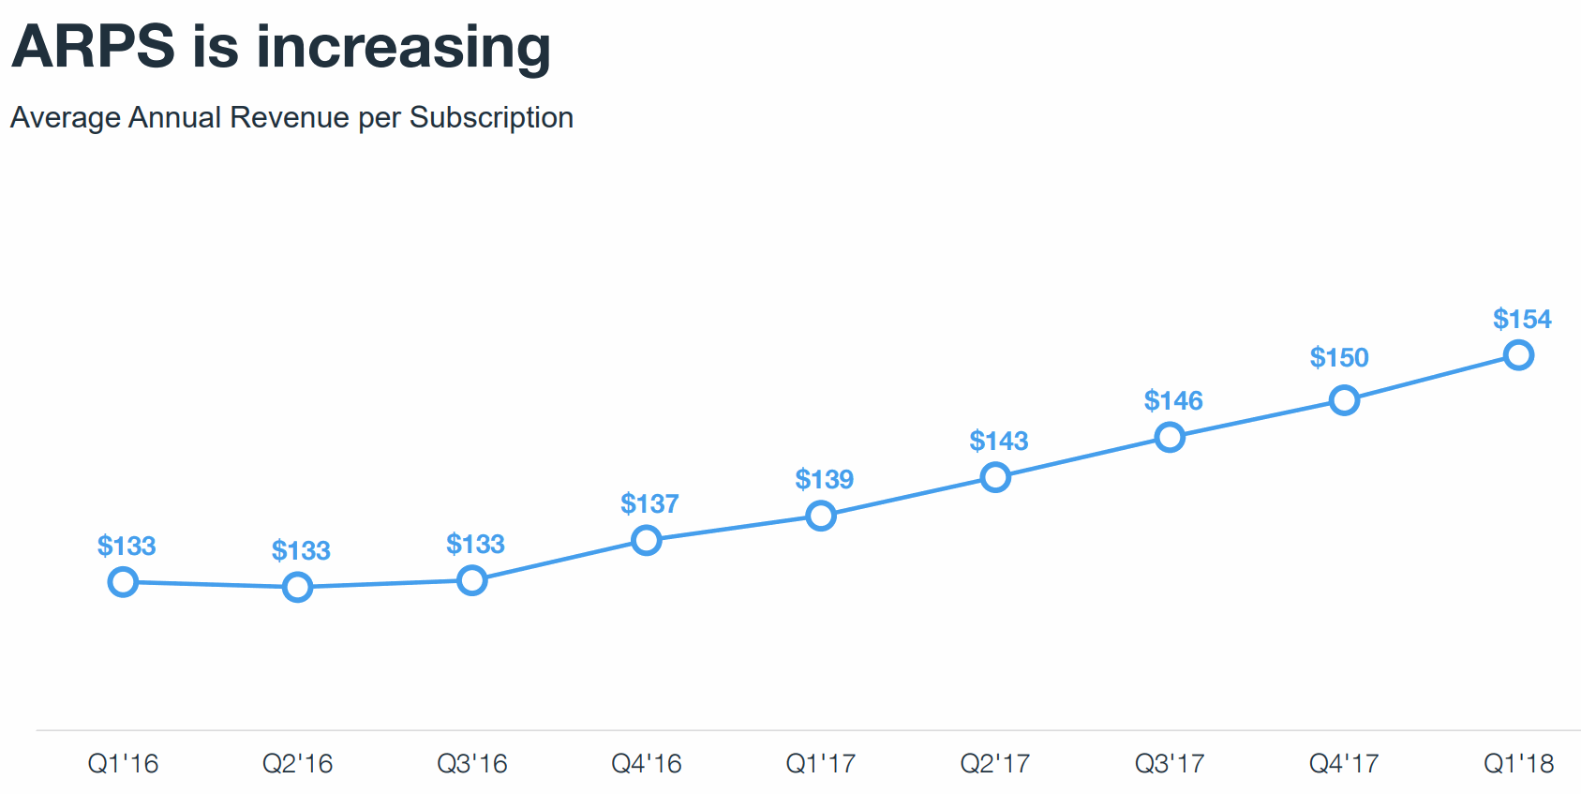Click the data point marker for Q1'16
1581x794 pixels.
click(123, 582)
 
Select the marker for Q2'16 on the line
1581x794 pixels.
click(297, 588)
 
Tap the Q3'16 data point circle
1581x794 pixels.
click(471, 581)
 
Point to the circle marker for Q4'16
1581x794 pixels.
click(646, 540)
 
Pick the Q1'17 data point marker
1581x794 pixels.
click(821, 516)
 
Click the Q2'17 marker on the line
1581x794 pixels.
click(995, 478)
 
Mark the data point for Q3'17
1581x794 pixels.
click(1170, 437)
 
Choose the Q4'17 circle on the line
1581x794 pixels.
click(1344, 401)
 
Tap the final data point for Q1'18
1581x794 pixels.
click(1518, 355)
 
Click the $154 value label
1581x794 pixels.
click(1522, 320)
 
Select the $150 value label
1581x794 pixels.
click(1339, 358)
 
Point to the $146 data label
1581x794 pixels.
click(1173, 401)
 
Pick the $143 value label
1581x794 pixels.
click(999, 442)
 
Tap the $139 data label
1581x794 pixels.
click(825, 480)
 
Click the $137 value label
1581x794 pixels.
click(649, 504)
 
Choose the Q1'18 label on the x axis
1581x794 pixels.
click(1518, 764)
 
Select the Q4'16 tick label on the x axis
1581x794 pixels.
click(647, 764)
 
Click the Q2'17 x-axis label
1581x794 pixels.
click(995, 764)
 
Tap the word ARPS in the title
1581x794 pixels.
click(94, 47)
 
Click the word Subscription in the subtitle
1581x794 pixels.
click(491, 118)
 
